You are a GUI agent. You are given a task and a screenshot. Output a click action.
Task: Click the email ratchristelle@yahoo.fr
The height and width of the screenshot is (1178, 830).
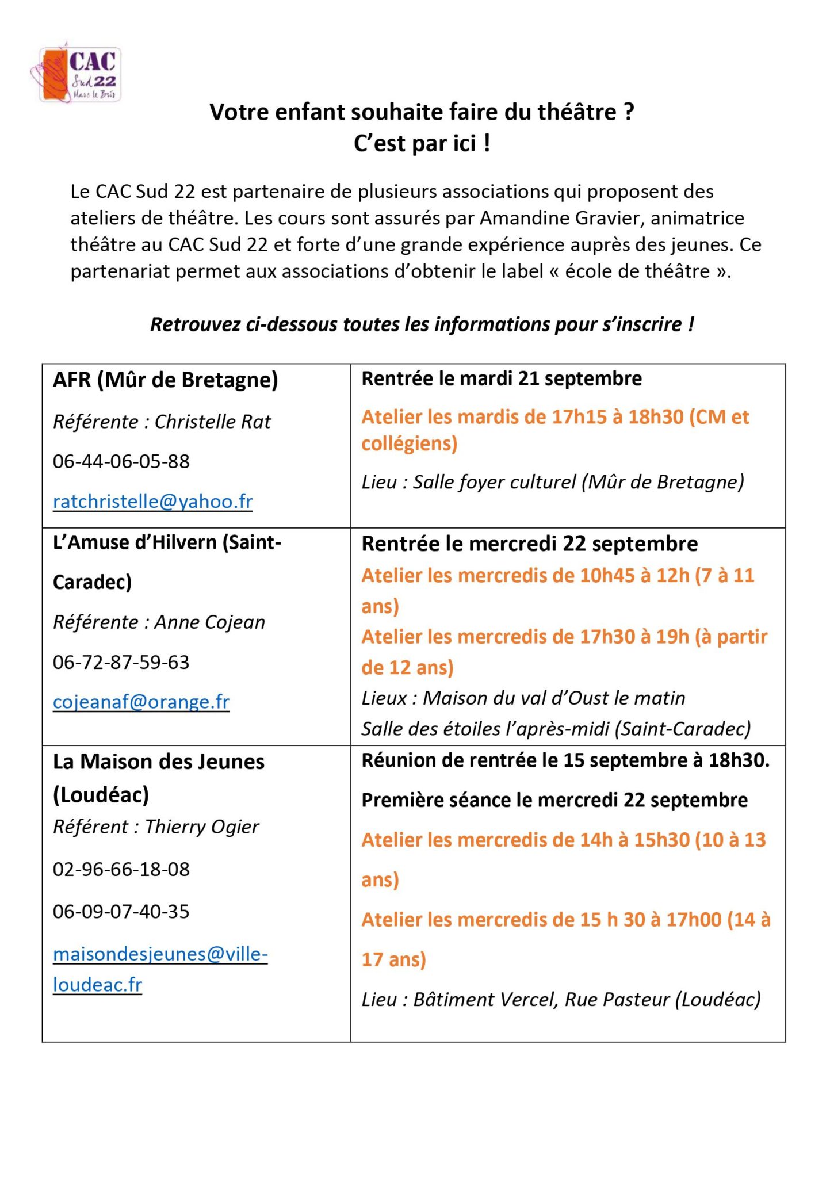point(152,502)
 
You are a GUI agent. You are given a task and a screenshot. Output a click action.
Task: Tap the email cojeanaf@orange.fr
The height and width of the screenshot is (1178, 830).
point(141,702)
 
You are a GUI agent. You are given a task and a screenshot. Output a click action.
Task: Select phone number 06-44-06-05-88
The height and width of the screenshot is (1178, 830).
point(121,461)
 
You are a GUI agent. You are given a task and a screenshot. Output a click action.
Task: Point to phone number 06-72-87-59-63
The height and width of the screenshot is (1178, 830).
point(121,662)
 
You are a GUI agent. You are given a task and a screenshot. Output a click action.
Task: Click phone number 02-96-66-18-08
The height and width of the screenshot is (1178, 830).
point(121,869)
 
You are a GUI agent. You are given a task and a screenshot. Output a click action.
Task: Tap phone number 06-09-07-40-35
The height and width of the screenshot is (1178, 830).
point(121,912)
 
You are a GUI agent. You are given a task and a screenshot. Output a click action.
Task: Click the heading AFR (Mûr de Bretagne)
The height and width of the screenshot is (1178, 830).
point(165,380)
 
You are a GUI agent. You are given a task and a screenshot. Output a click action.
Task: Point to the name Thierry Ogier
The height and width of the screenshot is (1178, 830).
point(202,827)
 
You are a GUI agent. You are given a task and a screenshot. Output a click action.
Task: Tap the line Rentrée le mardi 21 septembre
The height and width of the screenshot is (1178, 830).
point(502,379)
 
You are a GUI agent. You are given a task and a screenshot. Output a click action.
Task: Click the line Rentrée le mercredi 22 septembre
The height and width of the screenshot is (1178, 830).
point(529,544)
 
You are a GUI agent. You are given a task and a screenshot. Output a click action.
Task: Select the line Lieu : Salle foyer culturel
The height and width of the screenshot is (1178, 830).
point(552,482)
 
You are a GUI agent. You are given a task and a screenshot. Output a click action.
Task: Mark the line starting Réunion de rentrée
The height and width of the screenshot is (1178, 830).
point(565,760)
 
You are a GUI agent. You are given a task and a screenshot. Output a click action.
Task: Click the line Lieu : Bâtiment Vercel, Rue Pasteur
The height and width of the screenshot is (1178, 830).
point(561,1000)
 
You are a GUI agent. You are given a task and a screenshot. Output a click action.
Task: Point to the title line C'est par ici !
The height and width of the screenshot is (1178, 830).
point(422,143)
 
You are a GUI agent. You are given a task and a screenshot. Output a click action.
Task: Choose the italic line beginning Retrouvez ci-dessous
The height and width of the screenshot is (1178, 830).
point(422,324)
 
